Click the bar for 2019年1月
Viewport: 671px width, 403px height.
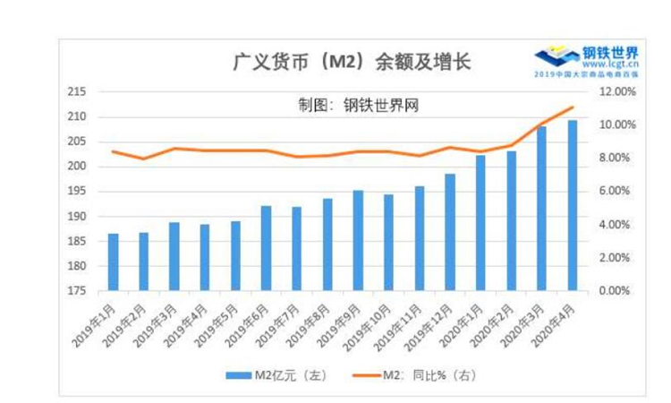113,262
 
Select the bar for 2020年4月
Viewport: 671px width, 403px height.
573,205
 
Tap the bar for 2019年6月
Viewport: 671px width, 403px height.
266,248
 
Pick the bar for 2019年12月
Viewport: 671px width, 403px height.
450,232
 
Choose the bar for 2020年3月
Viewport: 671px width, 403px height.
542,209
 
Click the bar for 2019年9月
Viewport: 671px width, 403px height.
358,240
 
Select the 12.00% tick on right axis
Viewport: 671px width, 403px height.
616,91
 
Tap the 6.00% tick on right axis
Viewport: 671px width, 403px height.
616,191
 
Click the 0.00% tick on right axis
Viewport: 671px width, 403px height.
616,291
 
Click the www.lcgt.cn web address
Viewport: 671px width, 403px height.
609,64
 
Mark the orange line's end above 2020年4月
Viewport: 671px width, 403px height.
573,107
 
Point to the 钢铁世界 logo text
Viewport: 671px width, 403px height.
610,52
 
